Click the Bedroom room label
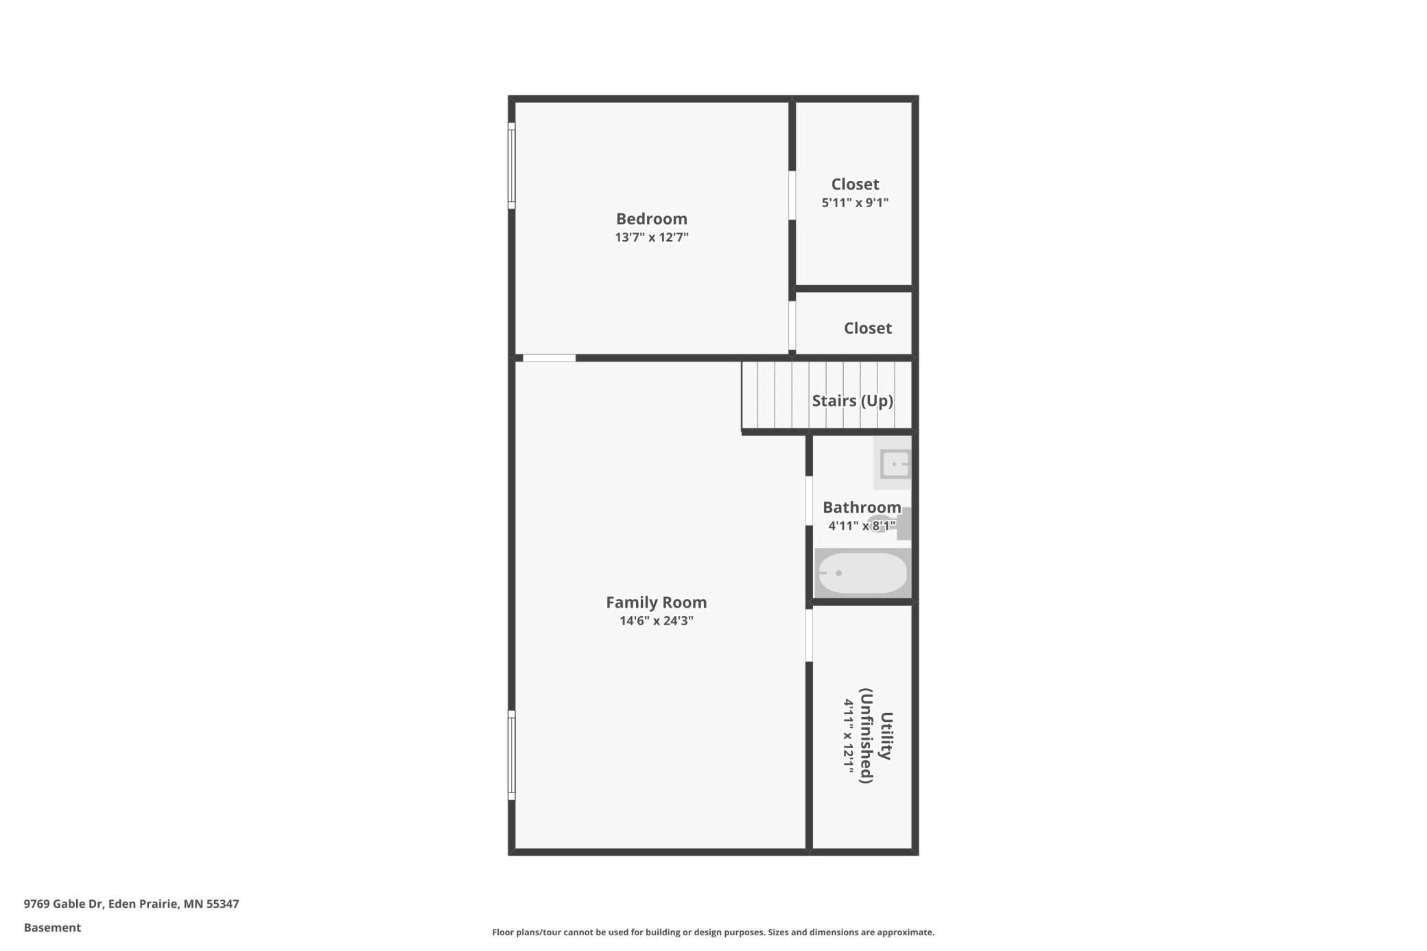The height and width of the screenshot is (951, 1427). tap(651, 219)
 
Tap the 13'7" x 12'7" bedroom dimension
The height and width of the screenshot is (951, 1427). tap(651, 237)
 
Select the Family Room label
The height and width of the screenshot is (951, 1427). tap(656, 602)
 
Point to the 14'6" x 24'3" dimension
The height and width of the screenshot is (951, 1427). tap(656, 621)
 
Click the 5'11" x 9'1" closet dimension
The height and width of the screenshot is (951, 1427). tap(855, 202)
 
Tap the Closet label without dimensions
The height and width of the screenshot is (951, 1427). tap(867, 329)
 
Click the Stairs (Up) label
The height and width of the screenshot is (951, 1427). tap(852, 401)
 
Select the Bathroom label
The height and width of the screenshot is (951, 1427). tap(862, 507)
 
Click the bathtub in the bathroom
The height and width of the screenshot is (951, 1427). tap(862, 573)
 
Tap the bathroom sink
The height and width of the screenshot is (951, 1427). tap(894, 464)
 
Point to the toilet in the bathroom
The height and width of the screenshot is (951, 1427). tap(892, 524)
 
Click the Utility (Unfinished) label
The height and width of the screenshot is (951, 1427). tap(876, 736)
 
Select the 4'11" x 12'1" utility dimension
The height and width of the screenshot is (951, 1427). tap(849, 736)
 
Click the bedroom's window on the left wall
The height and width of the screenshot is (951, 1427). tap(511, 165)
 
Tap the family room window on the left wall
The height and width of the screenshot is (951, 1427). tap(511, 755)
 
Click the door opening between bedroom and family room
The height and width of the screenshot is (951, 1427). tap(549, 358)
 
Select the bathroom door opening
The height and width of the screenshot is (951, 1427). tap(809, 501)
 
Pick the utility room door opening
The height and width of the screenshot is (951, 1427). tap(809, 635)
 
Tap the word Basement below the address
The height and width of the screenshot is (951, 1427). tap(52, 928)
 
